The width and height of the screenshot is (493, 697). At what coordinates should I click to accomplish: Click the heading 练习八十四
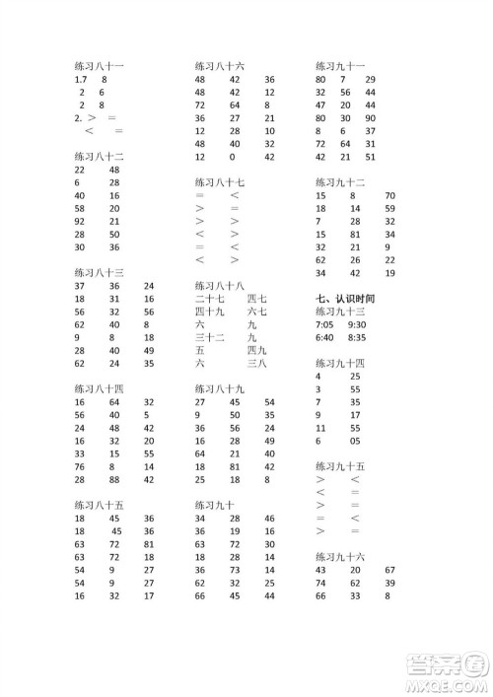click(98, 388)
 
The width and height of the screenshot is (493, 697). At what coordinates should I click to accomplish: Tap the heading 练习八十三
click(98, 272)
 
